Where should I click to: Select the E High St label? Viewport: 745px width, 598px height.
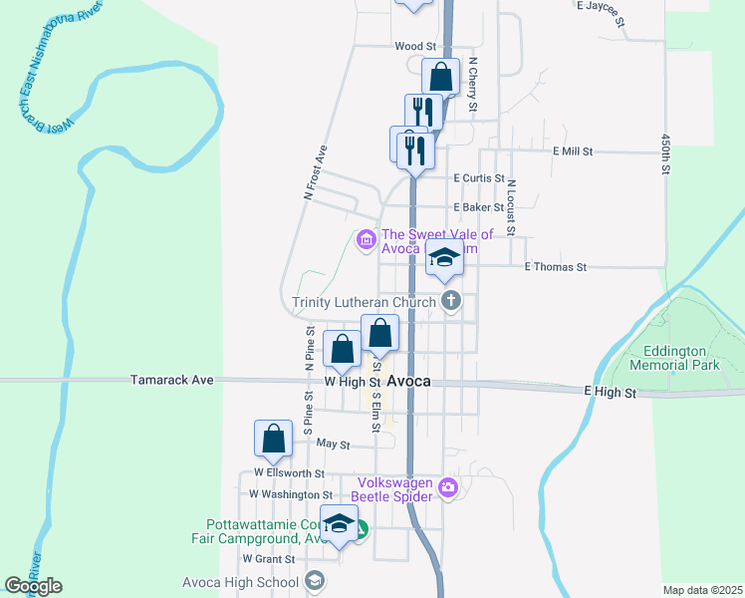coord(610,394)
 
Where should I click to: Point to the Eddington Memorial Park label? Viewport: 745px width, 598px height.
coord(681,359)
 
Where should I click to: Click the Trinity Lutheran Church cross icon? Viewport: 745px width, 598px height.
coord(451,301)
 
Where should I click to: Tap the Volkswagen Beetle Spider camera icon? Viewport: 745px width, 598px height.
coord(447,487)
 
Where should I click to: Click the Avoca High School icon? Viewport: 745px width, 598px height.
coord(315,581)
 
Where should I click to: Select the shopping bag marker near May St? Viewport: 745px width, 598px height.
coord(273,438)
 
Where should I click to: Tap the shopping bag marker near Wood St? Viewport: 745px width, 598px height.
coord(440,76)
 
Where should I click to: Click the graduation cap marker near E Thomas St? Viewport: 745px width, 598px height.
coord(444,258)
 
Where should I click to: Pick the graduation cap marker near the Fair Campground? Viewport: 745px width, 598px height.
coord(339,524)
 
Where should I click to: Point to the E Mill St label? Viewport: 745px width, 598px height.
coord(573,151)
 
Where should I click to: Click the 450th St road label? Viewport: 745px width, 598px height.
coord(664,155)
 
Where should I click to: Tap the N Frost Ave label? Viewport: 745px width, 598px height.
coord(315,173)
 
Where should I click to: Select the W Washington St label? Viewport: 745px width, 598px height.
coord(291,494)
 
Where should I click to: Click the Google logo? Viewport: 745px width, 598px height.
coord(34,586)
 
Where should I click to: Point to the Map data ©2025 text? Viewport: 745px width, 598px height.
coord(701,590)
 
